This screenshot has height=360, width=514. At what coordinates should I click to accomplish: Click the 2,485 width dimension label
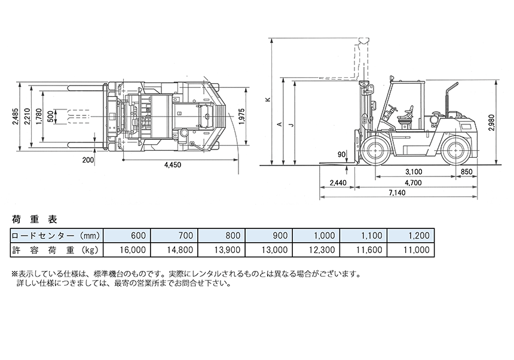pyautogui.click(x=16, y=117)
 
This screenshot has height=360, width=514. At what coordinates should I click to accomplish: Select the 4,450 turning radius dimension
pyautogui.click(x=172, y=165)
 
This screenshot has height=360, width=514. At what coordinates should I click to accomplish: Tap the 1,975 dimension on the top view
pyautogui.click(x=242, y=117)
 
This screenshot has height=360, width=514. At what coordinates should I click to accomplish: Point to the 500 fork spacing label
pyautogui.click(x=50, y=117)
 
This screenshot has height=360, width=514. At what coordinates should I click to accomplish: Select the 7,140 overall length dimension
pyautogui.click(x=397, y=193)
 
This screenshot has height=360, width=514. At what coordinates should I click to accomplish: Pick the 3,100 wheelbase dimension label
pyautogui.click(x=414, y=172)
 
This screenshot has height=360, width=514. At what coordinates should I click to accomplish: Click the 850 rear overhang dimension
pyautogui.click(x=466, y=172)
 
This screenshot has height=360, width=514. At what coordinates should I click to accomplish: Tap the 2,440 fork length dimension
pyautogui.click(x=338, y=182)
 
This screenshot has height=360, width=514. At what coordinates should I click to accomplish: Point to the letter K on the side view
pyautogui.click(x=268, y=99)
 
